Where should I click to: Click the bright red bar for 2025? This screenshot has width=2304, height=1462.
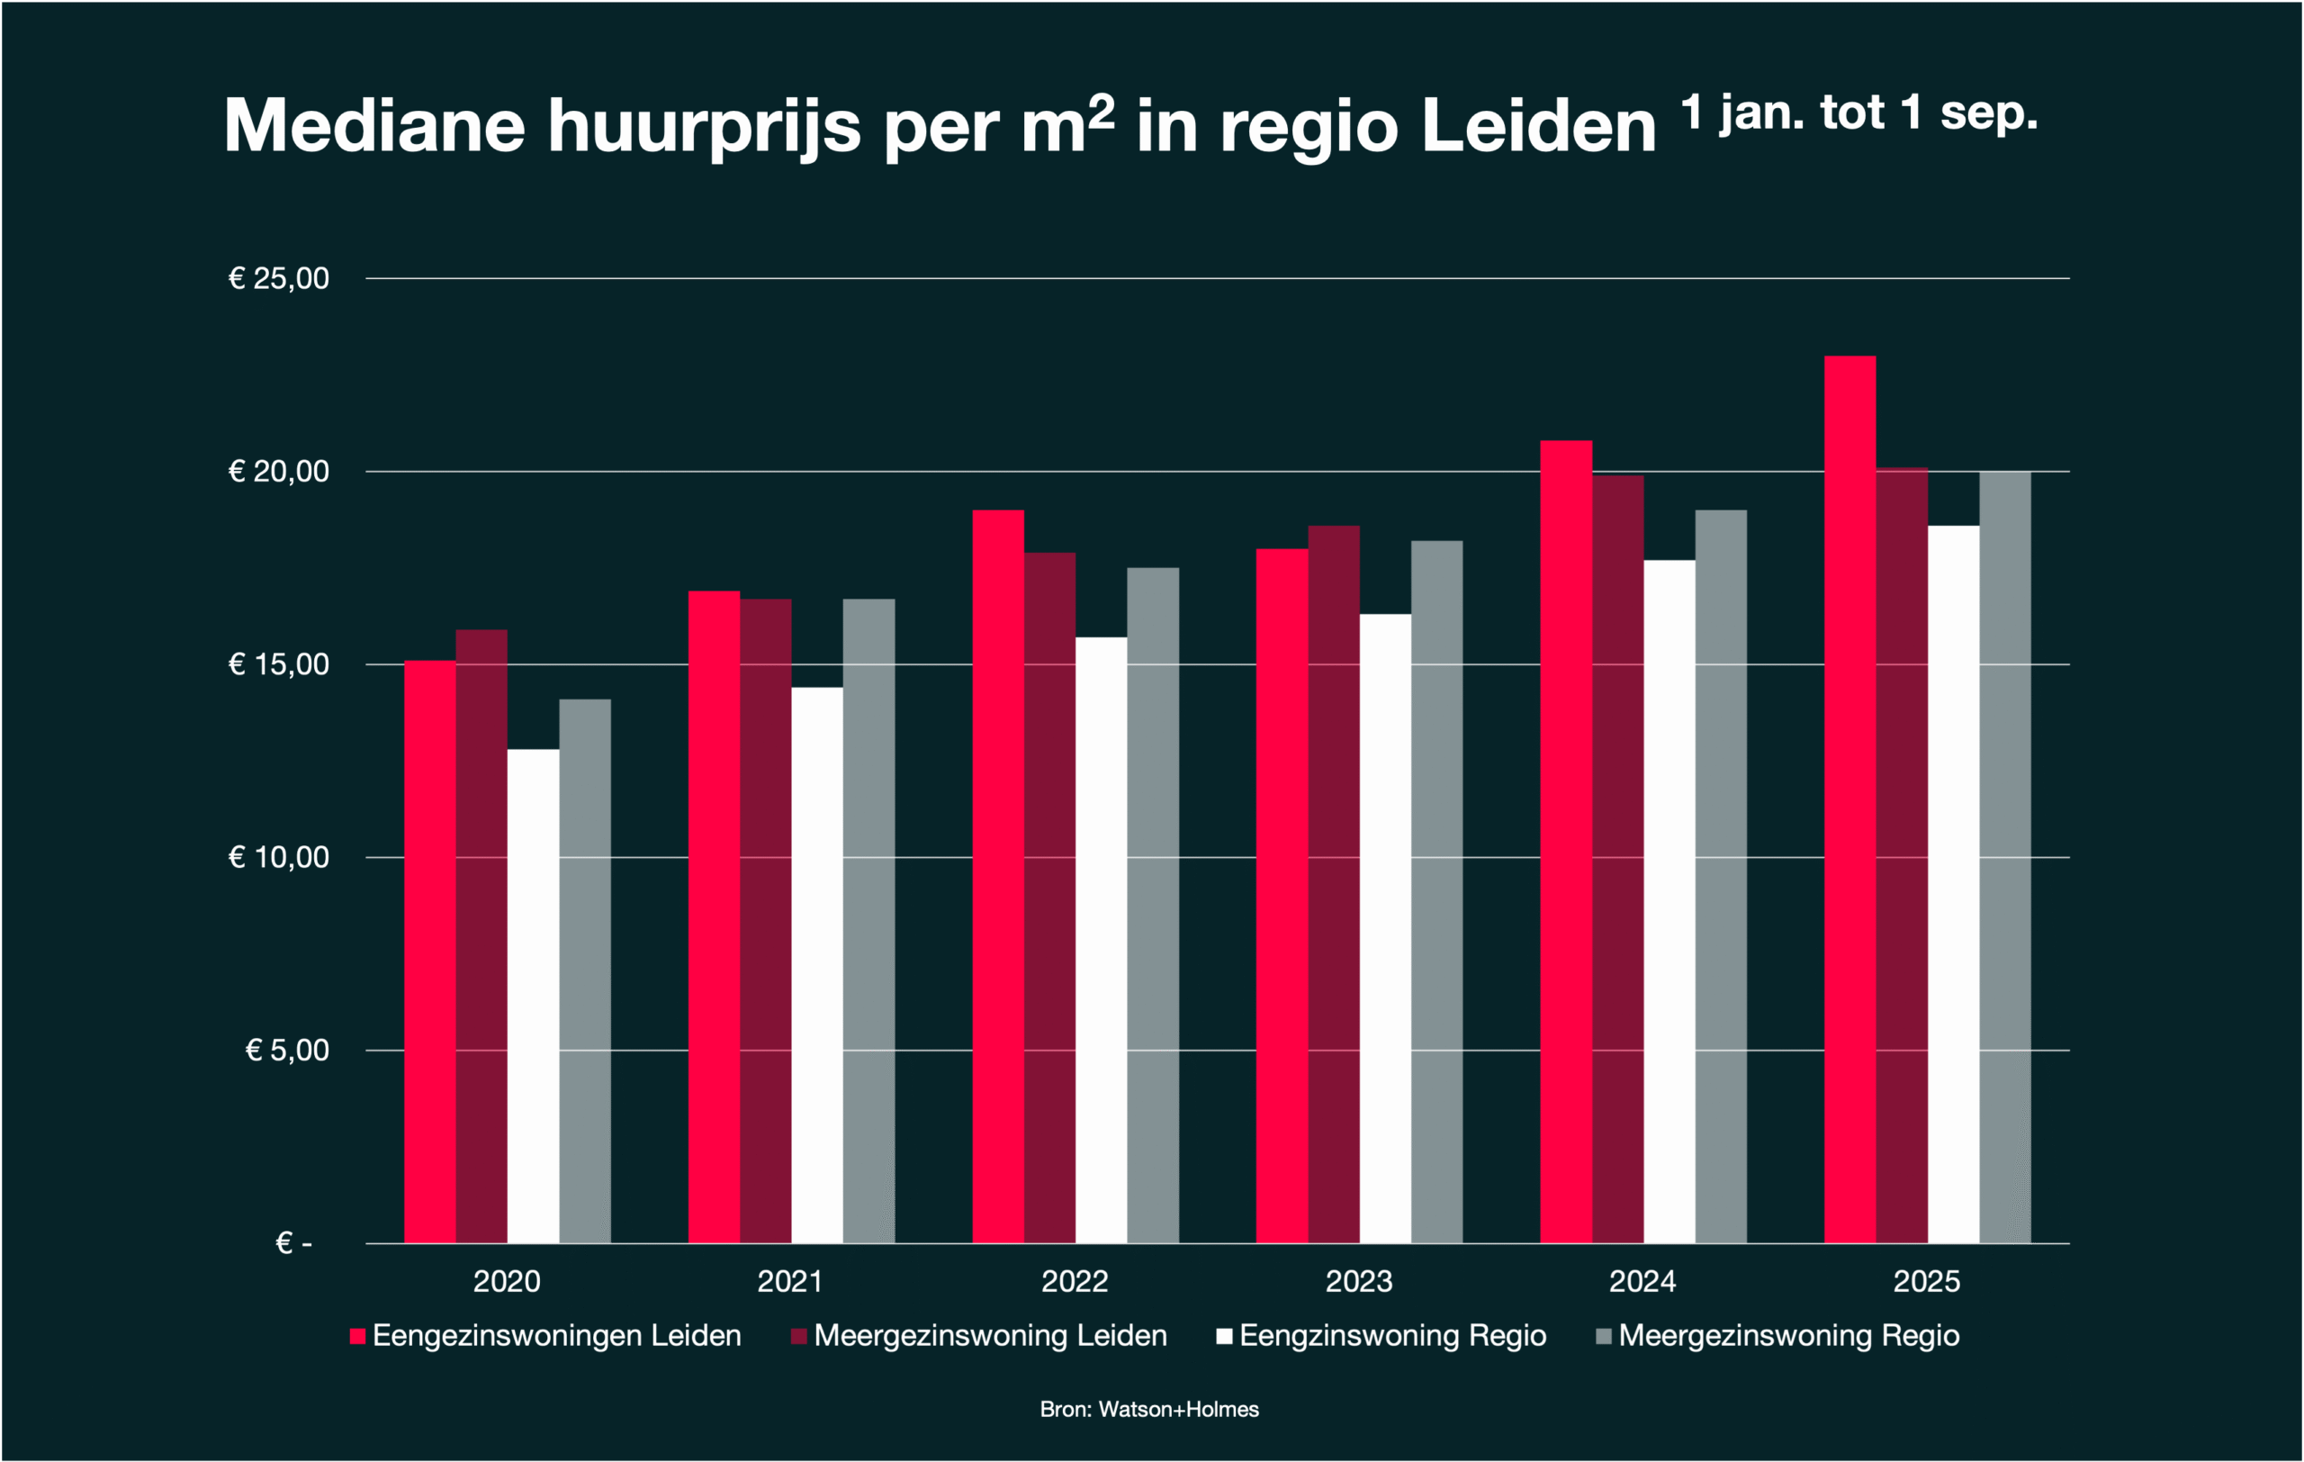coord(1849,799)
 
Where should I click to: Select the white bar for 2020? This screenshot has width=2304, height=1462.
coord(533,995)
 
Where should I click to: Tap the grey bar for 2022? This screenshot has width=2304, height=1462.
coord(1153,904)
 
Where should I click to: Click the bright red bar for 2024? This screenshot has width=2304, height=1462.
coord(1566,841)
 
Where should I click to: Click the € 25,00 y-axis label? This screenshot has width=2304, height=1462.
coord(278,278)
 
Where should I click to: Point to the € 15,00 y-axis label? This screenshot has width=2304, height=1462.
coord(278,664)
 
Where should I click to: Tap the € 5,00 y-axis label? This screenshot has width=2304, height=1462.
coord(287,1051)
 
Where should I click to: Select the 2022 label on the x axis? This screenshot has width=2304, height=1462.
coord(1075,1281)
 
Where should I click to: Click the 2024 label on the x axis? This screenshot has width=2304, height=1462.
coord(1642,1281)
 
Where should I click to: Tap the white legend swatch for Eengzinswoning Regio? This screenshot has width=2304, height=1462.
coord(1224,1337)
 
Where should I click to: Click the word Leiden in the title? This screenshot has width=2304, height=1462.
coord(1539,125)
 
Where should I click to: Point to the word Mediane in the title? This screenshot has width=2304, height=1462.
coord(374,125)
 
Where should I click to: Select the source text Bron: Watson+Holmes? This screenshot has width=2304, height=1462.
coord(1149,1410)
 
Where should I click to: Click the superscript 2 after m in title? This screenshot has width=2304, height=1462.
coord(1102,113)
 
